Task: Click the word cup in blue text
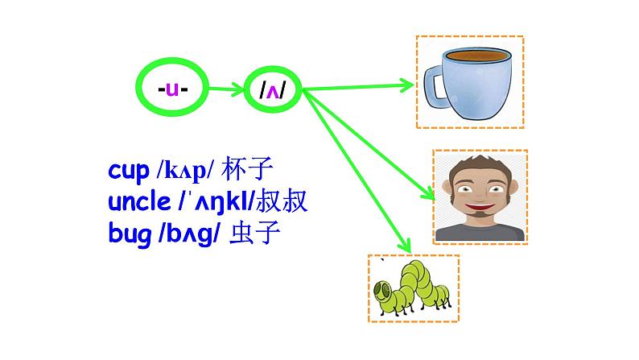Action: click(129, 172)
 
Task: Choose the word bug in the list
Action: click(129, 234)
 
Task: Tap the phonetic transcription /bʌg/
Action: click(190, 234)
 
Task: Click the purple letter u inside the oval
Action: click(172, 88)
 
